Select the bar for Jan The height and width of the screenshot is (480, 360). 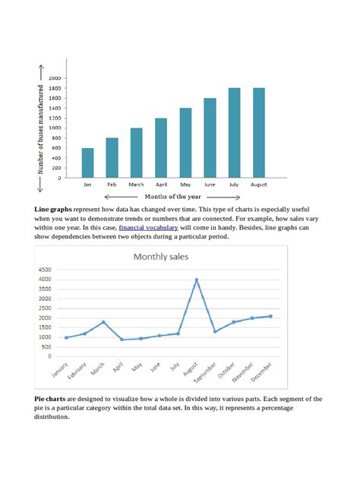click(88, 163)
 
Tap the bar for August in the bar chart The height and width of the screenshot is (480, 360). click(259, 133)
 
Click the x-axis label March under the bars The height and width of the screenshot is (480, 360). click(136, 185)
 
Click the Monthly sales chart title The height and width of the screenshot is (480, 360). click(161, 257)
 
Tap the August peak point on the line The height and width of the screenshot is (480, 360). click(197, 279)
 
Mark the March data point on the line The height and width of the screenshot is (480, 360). click(103, 322)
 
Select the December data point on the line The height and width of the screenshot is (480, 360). click(270, 316)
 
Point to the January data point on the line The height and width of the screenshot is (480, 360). click(66, 337)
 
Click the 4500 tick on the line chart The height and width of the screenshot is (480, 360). click(44, 270)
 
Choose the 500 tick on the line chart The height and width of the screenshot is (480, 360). click(46, 346)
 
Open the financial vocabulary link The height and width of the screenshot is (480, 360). click(149, 227)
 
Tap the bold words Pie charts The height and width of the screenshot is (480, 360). click(49, 399)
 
